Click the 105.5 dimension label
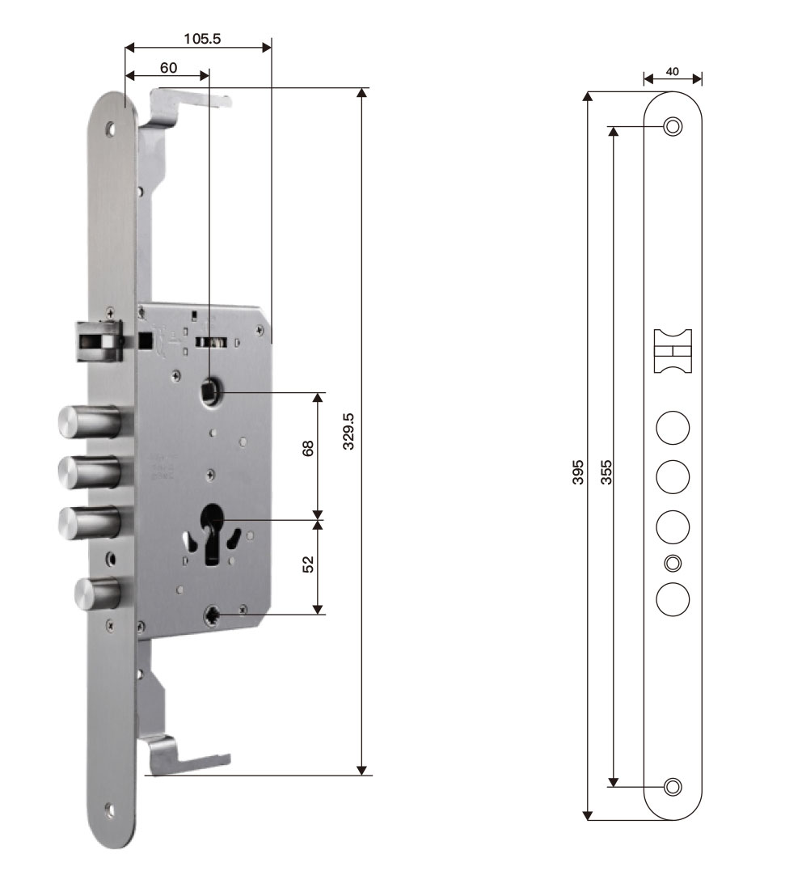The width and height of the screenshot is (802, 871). tap(202, 38)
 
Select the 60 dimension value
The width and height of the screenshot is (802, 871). tap(168, 68)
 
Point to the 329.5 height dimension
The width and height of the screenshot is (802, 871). tap(348, 431)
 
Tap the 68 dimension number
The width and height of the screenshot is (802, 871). tap(308, 448)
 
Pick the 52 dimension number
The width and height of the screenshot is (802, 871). tap(308, 564)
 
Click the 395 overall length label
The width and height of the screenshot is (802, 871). tap(578, 472)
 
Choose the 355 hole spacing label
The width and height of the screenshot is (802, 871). tap(606, 472)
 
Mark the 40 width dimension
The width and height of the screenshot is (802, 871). tap(672, 72)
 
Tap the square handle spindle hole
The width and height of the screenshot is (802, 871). tap(210, 390)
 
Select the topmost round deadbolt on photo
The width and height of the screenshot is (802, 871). tap(89, 421)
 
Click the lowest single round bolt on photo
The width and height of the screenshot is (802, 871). tap(98, 594)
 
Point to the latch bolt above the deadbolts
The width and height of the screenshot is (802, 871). tap(100, 341)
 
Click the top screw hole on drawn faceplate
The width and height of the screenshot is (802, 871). tap(673, 127)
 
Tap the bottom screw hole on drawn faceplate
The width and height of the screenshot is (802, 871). tap(673, 787)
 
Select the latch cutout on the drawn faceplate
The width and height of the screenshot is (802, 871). tap(673, 350)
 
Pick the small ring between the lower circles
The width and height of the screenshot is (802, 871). tap(673, 563)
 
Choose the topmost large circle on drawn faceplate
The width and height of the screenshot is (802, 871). tap(673, 428)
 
